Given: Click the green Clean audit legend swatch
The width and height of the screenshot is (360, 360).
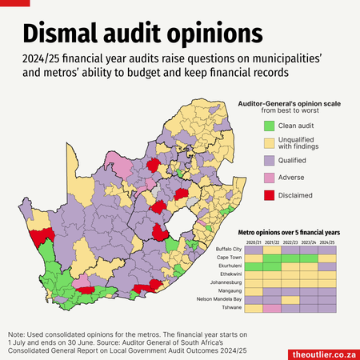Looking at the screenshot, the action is point(269,126).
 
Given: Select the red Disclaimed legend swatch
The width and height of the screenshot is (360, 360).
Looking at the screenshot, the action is point(269,195).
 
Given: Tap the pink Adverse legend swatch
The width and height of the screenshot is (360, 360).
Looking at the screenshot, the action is point(269,178).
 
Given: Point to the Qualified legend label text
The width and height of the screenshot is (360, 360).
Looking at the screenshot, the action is point(292,161).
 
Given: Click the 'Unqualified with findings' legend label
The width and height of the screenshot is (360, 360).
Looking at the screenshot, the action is point(298,143).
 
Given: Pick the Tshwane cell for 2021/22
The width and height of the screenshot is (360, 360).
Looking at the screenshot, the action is point(272,309).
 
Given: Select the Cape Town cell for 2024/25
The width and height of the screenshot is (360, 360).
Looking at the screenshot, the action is point(327,258).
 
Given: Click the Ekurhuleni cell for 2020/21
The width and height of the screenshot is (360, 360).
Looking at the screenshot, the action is point(254,266).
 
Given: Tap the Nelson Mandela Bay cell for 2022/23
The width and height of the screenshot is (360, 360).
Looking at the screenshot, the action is point(290,300).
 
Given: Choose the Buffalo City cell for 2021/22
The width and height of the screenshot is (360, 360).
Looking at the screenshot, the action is point(272,250).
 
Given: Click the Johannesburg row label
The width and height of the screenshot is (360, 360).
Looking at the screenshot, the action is point(226,282).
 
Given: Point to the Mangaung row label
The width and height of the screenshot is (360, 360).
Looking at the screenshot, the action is point(230,291).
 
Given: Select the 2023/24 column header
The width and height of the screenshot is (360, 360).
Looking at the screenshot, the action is point(309,242).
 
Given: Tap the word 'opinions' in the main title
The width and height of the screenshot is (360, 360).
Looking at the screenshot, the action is point(215,34).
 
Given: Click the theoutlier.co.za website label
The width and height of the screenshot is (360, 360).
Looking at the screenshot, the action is point(324,354).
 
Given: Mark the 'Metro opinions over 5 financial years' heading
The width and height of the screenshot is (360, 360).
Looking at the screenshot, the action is point(289,233).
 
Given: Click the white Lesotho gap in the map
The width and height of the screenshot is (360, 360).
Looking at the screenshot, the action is point(180,222).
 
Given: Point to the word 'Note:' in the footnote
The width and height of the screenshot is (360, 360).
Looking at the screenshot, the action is point(16,334).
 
